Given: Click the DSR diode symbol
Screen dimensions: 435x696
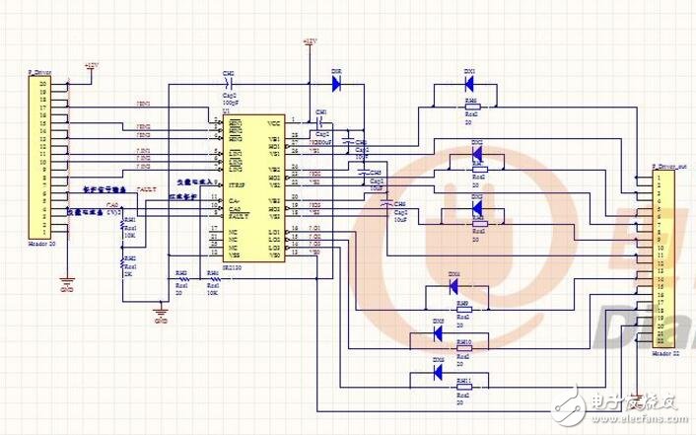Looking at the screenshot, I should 336,85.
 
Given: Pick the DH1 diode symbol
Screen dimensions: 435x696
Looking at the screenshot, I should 469,85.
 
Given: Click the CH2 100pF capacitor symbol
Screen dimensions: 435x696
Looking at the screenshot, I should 229,85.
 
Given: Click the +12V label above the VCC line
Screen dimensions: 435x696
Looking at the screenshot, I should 310,41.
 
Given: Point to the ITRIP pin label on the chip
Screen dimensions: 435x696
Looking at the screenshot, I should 236,185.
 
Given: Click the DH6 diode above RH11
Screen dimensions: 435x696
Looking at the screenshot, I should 438,371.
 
